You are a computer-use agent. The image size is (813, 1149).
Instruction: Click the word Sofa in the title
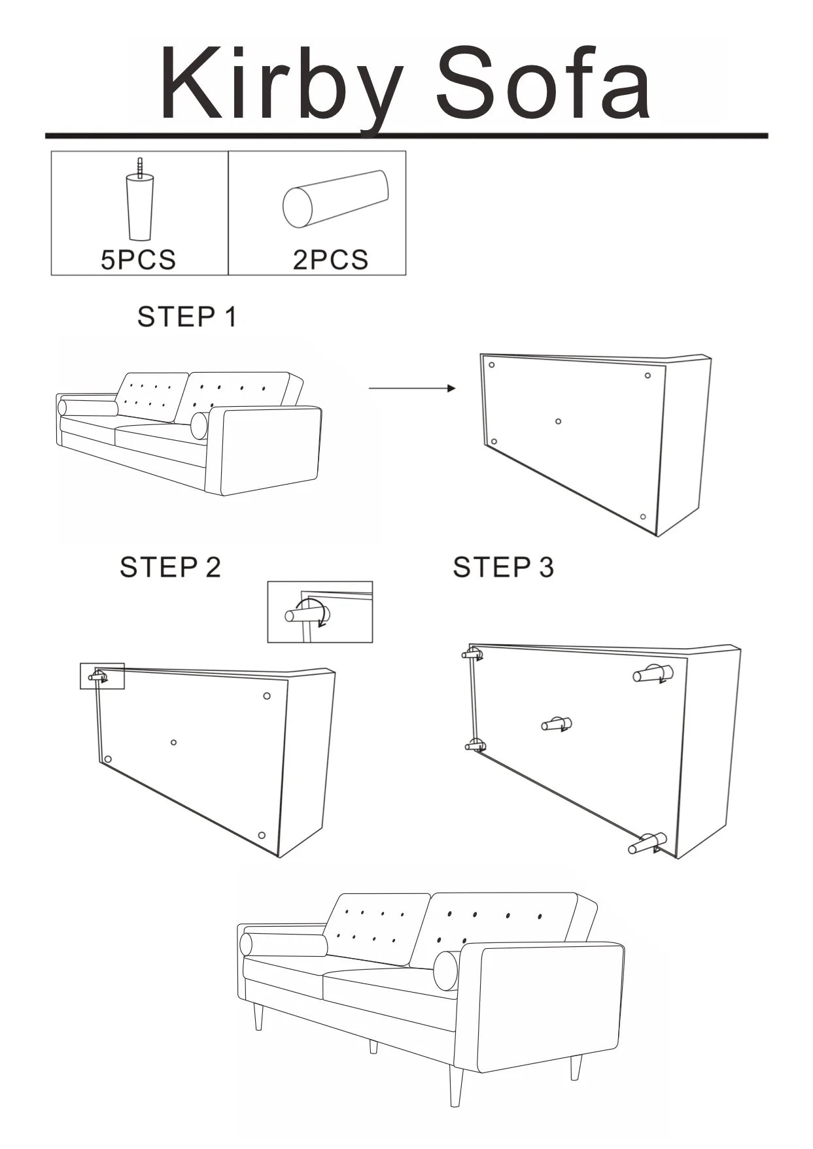click(x=544, y=85)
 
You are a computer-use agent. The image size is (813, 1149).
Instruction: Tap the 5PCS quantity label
click(x=138, y=260)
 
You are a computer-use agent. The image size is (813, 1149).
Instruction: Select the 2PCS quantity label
click(x=330, y=260)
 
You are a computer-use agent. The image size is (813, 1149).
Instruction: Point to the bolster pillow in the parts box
click(x=335, y=199)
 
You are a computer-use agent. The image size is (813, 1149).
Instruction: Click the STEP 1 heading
click(x=186, y=317)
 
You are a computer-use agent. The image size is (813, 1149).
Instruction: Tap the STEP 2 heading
click(x=170, y=567)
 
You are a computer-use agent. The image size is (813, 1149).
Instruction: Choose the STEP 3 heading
click(x=503, y=567)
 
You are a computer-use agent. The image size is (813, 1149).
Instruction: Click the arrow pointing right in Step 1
click(x=412, y=388)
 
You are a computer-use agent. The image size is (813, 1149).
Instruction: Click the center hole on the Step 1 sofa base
click(x=558, y=421)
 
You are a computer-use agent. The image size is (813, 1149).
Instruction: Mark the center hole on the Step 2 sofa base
click(x=173, y=742)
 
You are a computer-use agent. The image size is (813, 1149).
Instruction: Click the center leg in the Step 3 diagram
click(x=557, y=724)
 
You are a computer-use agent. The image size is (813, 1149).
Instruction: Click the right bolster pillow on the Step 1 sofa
click(x=199, y=426)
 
